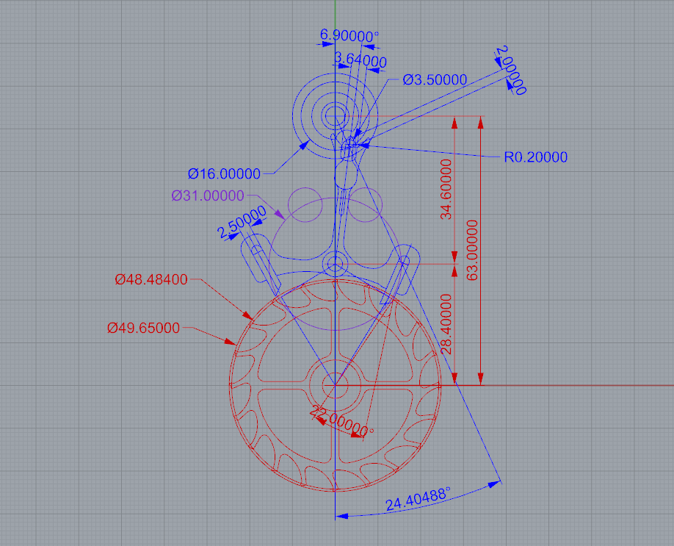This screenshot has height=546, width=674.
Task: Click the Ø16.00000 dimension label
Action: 224,174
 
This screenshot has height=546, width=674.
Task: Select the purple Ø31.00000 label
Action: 208,195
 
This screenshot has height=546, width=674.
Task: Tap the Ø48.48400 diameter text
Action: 151,280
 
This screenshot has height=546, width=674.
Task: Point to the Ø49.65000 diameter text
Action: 143,328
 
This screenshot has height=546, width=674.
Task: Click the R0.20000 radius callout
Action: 535,157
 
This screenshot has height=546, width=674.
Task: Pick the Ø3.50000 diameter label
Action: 435,79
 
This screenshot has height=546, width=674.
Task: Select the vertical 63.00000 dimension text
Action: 472,250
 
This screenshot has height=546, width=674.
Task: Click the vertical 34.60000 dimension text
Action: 446,190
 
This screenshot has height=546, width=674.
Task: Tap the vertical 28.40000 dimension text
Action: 446,324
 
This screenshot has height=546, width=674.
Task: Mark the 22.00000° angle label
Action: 341,421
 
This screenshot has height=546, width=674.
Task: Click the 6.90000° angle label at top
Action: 349,36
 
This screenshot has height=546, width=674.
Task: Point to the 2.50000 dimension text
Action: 242,222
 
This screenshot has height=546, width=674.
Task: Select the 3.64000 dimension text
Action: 360,60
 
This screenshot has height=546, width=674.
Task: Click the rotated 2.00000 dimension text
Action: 511,70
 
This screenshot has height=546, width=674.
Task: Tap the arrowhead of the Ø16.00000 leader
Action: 305,145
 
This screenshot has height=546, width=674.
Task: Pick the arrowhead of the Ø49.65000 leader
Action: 231,342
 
